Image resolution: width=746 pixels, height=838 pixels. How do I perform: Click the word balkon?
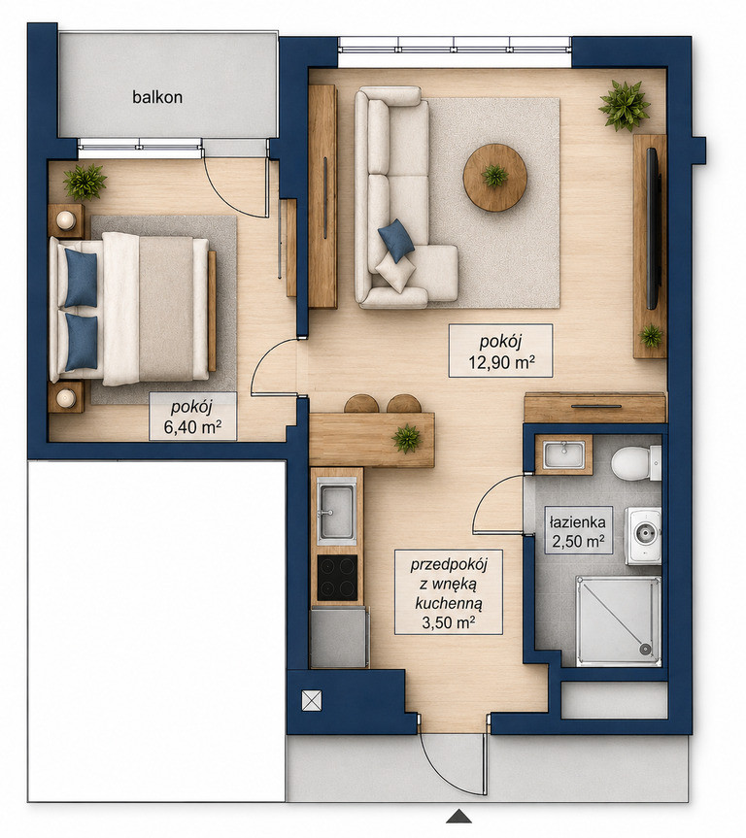(x=157, y=97)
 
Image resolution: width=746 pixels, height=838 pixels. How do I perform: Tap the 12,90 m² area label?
(x=501, y=363)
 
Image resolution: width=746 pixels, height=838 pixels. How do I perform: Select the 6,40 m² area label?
(x=192, y=427)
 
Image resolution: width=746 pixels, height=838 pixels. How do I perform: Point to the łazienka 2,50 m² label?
(x=578, y=531)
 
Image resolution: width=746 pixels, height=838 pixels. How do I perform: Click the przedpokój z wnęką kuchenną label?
(x=449, y=592)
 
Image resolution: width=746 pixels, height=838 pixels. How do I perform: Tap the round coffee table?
(x=495, y=177)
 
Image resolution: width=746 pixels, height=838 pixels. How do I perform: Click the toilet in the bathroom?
(x=636, y=463)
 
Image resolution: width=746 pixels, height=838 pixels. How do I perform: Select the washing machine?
(x=643, y=536)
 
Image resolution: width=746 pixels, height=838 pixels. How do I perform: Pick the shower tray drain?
(x=646, y=650)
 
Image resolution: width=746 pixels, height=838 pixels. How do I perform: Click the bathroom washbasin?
(x=563, y=454)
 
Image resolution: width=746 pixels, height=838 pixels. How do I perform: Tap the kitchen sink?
(x=336, y=512)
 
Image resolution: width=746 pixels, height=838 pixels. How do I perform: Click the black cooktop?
(x=337, y=578)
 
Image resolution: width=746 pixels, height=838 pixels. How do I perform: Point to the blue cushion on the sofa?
(x=395, y=241)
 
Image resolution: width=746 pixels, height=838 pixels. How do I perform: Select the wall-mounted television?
(x=654, y=229)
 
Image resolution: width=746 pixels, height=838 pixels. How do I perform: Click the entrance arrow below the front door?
(x=458, y=816)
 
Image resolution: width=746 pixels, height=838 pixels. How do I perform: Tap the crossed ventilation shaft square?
(x=312, y=700)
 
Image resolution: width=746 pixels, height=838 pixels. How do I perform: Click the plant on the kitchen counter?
(x=407, y=438)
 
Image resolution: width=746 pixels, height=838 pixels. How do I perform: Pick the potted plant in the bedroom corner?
(x=85, y=182)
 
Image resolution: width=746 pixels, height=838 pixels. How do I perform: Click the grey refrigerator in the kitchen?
(x=340, y=637)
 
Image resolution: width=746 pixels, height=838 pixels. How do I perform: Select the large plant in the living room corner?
(x=624, y=105)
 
